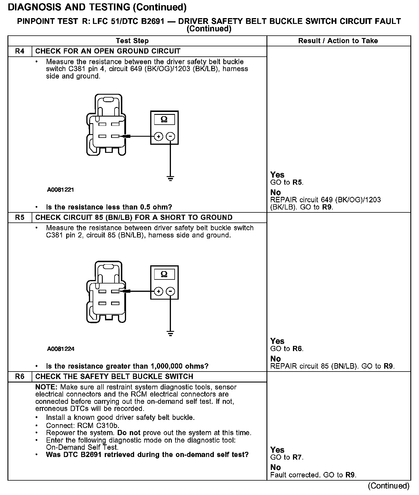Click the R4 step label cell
click(x=20, y=51)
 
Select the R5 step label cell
click(x=20, y=218)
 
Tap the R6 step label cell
click(x=20, y=376)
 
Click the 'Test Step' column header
click(x=132, y=41)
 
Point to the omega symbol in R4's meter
click(x=164, y=119)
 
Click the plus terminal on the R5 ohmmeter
click(x=158, y=291)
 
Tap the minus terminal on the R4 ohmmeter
click(x=171, y=136)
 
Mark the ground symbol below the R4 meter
click(x=171, y=179)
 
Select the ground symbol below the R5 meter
click(x=171, y=334)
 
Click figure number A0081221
click(x=60, y=190)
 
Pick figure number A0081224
click(x=61, y=349)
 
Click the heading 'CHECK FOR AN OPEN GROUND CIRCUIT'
click(x=108, y=51)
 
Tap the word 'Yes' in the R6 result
click(x=277, y=450)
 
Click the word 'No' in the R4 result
click(x=275, y=192)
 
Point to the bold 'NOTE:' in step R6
click(x=47, y=387)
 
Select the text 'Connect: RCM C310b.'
click(x=83, y=425)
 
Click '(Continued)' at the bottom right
click(x=388, y=486)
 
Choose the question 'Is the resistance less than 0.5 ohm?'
click(x=109, y=207)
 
